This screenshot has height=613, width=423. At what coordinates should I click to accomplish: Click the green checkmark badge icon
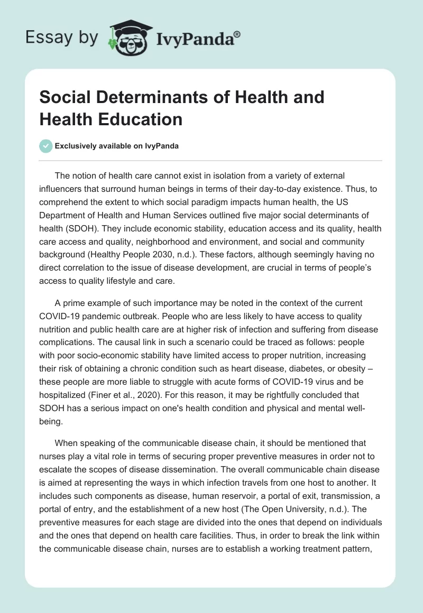[46, 146]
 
